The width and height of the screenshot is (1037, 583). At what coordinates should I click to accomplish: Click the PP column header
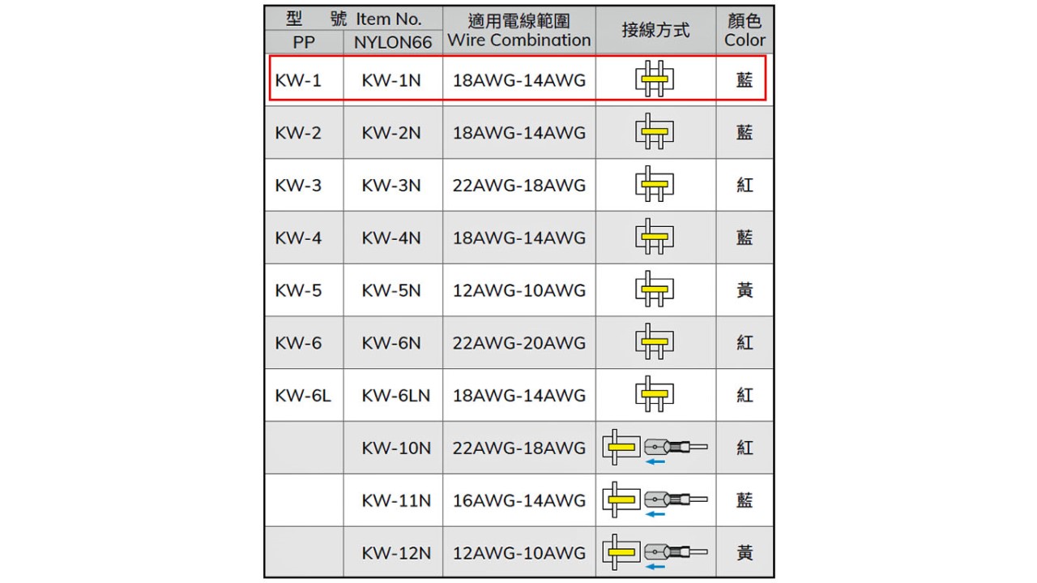point(304,42)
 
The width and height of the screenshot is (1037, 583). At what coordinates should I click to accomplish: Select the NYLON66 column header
point(393,42)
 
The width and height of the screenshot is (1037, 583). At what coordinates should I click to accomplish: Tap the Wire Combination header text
point(519,40)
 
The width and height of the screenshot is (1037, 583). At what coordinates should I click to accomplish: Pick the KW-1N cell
point(391,80)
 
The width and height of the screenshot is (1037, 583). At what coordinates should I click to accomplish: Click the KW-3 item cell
point(298,186)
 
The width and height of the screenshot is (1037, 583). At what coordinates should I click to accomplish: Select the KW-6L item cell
point(303,396)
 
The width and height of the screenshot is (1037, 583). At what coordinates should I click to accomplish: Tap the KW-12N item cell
point(396,553)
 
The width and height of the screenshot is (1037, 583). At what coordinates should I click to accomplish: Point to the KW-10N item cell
point(396,448)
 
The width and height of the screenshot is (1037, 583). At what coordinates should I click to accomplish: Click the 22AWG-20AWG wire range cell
point(519,343)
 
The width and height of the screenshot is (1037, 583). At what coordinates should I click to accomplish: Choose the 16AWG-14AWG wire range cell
point(519,500)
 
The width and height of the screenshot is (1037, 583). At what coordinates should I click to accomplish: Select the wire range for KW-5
point(519,290)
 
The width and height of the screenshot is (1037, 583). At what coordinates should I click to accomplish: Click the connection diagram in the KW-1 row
point(655,79)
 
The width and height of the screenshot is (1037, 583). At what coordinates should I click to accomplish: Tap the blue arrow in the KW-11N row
point(655,514)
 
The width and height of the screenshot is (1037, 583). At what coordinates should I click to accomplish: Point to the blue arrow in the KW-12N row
point(655,566)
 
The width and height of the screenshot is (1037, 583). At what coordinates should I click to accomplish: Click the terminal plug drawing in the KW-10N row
point(676,448)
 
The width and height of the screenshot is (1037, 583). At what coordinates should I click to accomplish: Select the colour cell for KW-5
point(745,290)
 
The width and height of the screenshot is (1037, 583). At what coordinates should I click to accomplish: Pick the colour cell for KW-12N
point(745,553)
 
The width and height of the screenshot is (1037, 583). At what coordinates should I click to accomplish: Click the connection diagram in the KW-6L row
point(655,394)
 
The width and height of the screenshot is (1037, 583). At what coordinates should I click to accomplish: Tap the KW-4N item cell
point(391,238)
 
